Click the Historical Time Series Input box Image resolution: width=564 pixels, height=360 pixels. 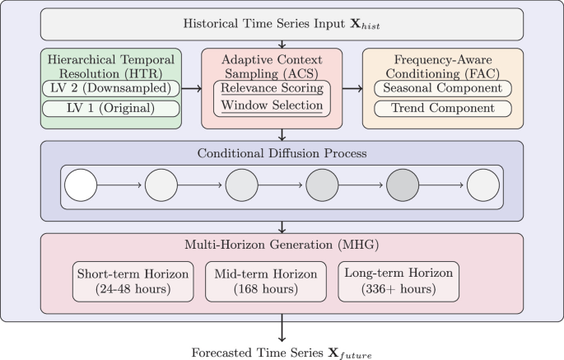click(282, 24)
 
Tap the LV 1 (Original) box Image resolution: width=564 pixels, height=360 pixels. click(111, 109)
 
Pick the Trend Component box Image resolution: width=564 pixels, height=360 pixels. click(443, 109)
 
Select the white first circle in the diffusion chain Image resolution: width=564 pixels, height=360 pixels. click(81, 185)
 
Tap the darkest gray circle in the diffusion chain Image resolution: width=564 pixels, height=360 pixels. click(402, 185)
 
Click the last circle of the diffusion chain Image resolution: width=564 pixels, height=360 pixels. click(482, 185)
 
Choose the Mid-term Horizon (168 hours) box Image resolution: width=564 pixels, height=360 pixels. click(264, 282)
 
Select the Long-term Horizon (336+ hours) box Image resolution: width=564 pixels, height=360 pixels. click(399, 282)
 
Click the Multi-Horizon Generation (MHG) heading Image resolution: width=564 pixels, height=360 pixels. click(282, 244)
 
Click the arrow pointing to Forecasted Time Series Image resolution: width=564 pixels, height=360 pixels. click(282, 329)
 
